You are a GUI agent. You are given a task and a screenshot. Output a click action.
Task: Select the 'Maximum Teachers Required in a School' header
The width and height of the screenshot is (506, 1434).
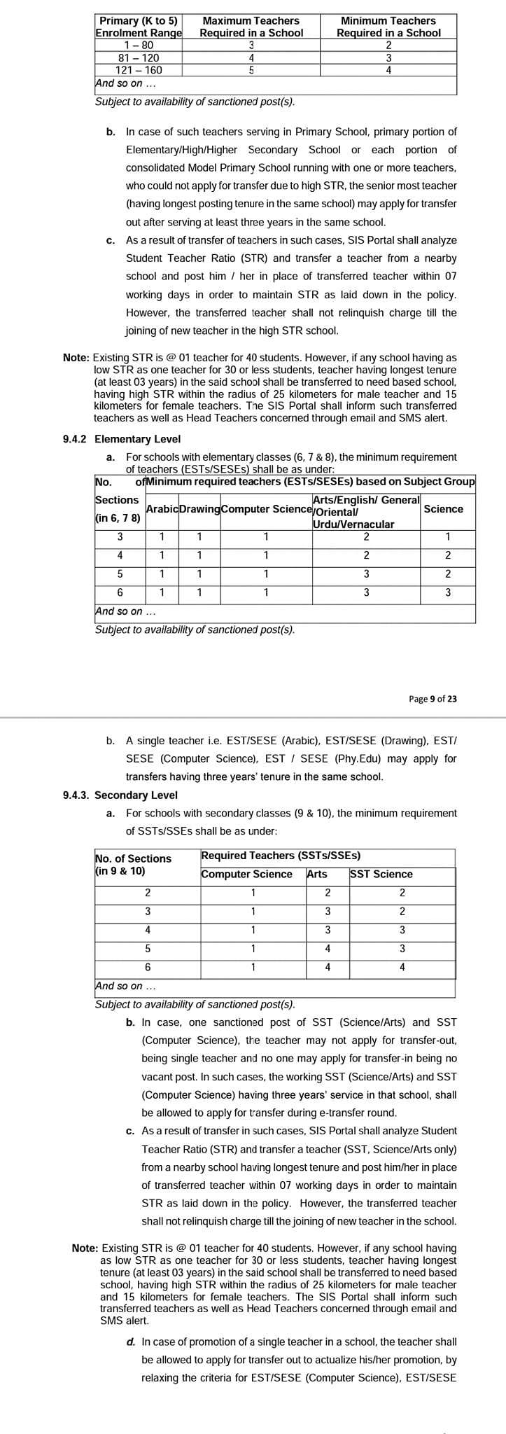[251, 27]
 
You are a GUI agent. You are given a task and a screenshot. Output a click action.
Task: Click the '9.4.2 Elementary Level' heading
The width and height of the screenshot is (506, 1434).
[122, 439]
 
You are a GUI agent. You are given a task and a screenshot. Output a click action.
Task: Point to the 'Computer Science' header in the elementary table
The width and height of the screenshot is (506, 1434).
[266, 509]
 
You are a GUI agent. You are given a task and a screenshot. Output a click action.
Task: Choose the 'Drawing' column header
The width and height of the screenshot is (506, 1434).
[199, 509]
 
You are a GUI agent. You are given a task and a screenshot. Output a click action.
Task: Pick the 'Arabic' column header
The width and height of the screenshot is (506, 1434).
[162, 509]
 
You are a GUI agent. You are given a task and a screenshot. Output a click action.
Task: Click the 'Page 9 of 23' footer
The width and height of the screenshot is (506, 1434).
[433, 698]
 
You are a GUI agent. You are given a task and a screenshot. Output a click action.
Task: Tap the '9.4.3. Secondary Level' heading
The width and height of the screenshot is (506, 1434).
[120, 795]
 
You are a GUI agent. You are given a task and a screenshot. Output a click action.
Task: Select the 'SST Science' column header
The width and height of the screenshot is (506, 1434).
[381, 874]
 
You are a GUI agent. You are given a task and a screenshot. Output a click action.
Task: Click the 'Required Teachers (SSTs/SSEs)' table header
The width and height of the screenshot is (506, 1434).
[281, 856]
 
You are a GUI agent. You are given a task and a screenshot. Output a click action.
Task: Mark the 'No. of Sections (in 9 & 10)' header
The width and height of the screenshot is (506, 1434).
[133, 865]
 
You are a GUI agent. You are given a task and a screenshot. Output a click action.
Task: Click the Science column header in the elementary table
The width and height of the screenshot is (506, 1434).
[443, 509]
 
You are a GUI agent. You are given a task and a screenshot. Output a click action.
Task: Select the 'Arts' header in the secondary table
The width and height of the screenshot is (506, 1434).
[317, 874]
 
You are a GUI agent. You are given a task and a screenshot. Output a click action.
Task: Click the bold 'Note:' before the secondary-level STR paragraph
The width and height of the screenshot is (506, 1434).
[85, 1248]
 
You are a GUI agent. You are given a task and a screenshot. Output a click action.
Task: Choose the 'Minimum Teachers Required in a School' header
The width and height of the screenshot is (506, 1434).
[388, 27]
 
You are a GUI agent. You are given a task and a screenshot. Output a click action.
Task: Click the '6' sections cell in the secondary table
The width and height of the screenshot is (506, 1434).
[148, 968]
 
